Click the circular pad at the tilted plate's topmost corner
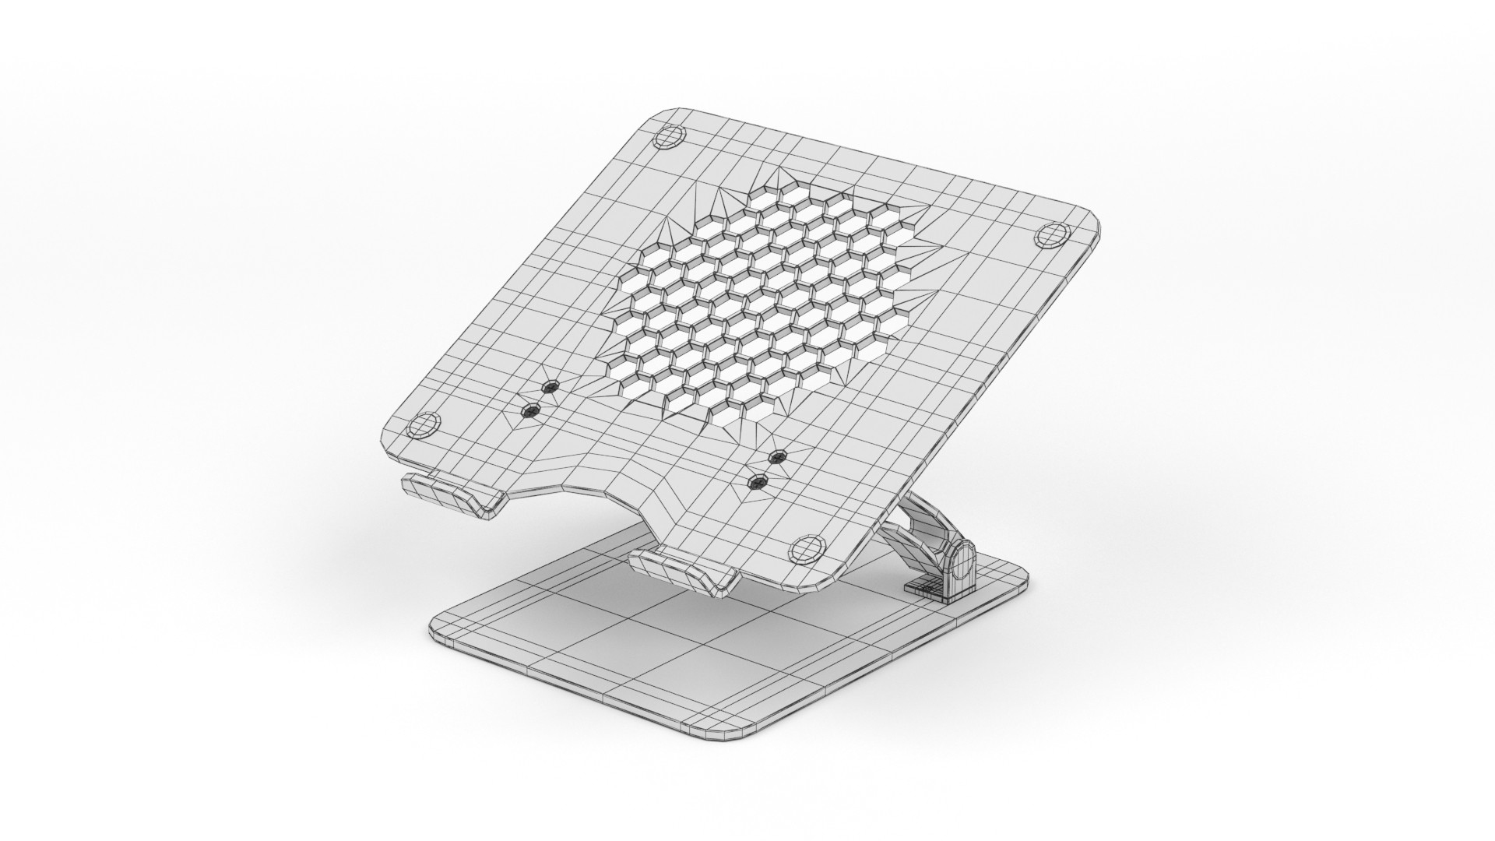pos(668,139)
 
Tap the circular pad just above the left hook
pos(422,426)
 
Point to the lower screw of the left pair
pos(531,410)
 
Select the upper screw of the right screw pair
pos(776,457)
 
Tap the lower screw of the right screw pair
pos(756,483)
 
